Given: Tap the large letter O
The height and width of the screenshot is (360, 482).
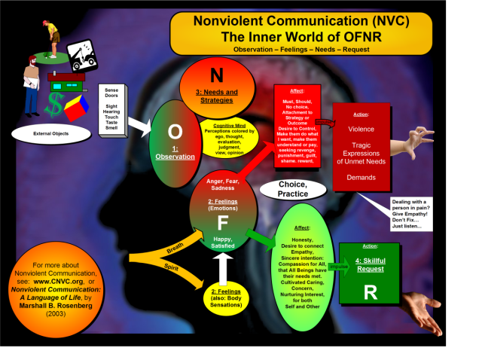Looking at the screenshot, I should point(175,130).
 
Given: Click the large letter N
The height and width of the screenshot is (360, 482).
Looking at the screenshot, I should point(217,75).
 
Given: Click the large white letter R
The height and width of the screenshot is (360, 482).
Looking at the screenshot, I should point(370,293).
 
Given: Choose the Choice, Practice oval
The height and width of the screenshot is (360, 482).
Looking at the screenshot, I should point(293,188).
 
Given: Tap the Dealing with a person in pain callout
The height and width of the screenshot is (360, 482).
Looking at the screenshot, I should point(416,213).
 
